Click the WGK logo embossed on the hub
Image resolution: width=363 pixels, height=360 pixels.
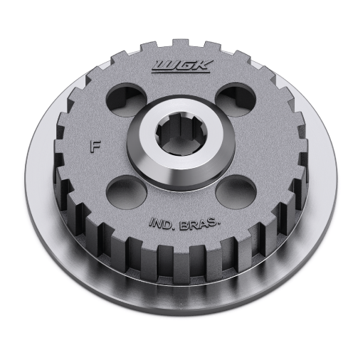point(182,67)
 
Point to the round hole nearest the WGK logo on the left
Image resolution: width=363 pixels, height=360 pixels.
point(126,100)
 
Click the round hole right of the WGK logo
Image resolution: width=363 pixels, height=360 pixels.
point(236,100)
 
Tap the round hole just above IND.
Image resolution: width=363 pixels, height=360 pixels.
point(127,192)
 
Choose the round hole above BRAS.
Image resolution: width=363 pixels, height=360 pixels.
point(236,192)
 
